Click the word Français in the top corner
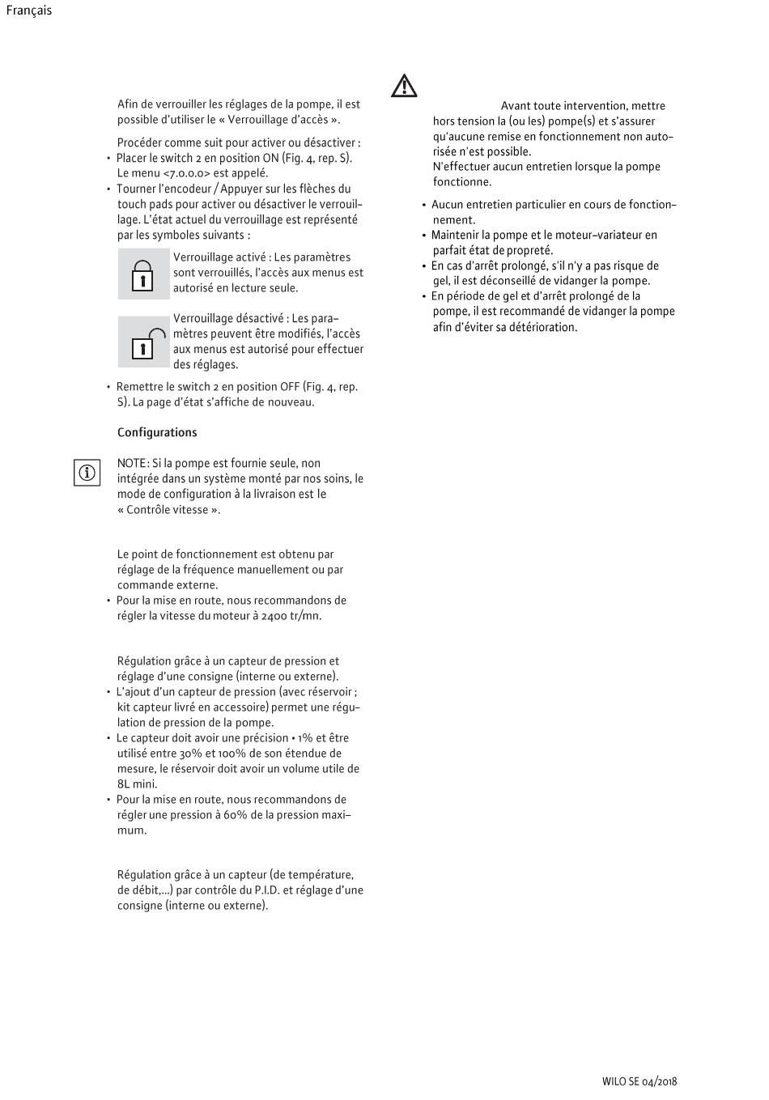tap(29, 11)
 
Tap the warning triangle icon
tap(404, 86)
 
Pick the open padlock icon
tap(145, 342)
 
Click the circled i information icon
tap(87, 472)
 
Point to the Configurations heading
tap(157, 432)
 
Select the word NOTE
tap(132, 463)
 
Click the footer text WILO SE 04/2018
tap(639, 1081)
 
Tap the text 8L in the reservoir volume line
tap(125, 784)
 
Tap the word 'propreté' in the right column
tap(529, 250)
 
